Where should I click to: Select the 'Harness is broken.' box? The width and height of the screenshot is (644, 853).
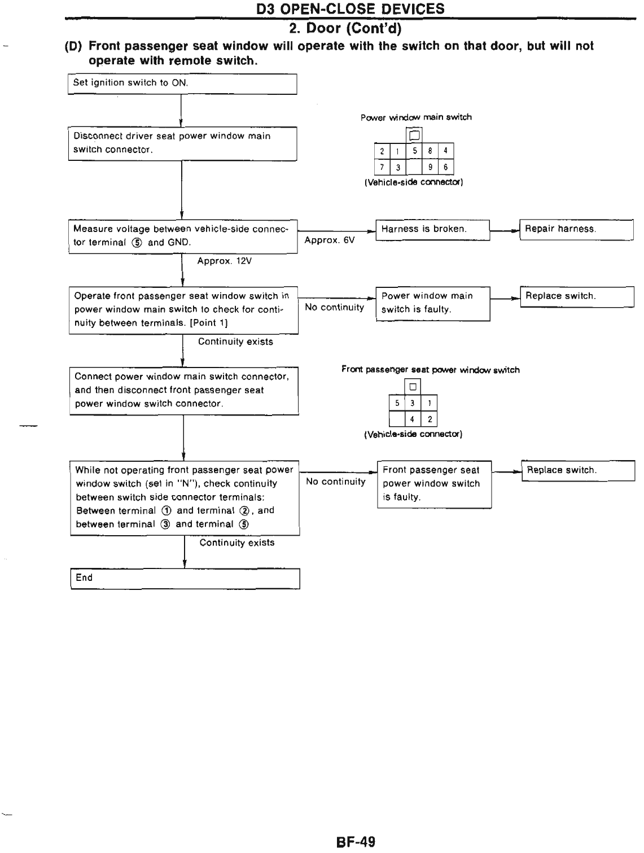(x=432, y=229)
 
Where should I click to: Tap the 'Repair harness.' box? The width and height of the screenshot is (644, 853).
(x=576, y=229)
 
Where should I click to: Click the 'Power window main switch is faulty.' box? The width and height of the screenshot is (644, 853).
(x=432, y=303)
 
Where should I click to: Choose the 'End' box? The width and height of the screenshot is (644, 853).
(x=185, y=578)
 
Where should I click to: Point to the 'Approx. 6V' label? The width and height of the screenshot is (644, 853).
(x=330, y=240)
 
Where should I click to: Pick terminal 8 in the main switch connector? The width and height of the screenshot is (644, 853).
(x=430, y=151)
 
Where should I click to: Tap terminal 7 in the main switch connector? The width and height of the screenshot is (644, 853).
(x=382, y=167)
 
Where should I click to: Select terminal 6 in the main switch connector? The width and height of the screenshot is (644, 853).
(x=445, y=167)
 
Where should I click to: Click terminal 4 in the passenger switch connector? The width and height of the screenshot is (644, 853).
(x=413, y=419)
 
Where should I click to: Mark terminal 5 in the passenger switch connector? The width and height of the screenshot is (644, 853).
(x=397, y=403)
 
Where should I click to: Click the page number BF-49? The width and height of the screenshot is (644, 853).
(x=356, y=842)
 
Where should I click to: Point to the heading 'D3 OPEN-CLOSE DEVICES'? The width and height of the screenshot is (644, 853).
(x=350, y=8)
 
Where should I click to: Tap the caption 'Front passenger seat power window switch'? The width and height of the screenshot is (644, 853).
(x=430, y=370)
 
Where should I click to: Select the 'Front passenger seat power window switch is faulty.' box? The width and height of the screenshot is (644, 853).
(x=434, y=484)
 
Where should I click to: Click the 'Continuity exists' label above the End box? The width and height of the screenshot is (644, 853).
(x=237, y=543)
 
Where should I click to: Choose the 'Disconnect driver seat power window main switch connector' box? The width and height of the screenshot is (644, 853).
(x=182, y=143)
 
